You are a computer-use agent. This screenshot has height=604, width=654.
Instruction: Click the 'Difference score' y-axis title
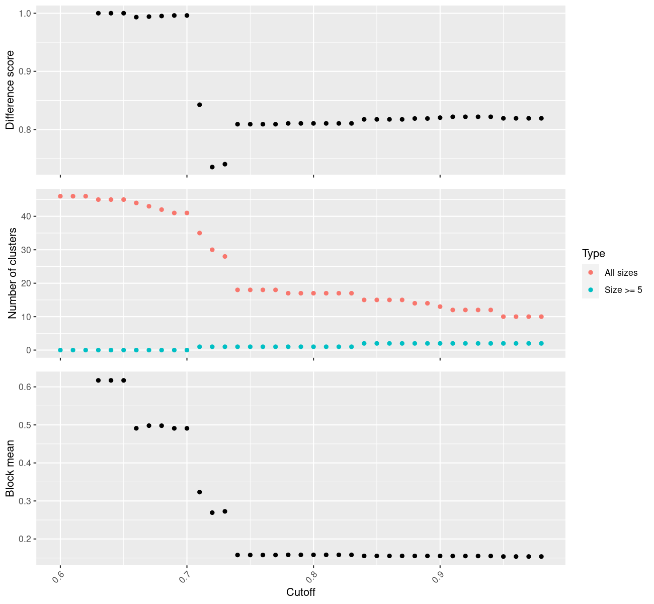pos(10,90)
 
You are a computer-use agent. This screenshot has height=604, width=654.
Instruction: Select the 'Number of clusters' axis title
pos(12,273)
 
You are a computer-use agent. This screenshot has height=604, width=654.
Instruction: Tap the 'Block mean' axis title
pos(10,468)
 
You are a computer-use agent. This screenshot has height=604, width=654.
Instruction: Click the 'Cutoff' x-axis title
pos(301,592)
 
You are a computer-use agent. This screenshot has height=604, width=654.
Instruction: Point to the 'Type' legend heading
pos(594,253)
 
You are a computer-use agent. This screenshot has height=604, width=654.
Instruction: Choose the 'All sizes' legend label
pos(621,272)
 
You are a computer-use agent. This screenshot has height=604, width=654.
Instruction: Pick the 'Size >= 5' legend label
pos(623,289)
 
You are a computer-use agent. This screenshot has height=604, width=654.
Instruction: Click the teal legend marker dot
pos(591,289)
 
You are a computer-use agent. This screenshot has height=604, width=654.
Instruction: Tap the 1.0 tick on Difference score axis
pos(25,13)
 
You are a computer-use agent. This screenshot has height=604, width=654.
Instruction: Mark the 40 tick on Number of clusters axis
pos(26,216)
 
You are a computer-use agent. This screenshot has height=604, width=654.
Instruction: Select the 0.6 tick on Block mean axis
pos(25,387)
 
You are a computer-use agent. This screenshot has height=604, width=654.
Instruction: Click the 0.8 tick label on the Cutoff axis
pos(311,577)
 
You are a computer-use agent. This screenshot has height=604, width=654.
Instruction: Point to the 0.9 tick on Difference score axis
pos(25,71)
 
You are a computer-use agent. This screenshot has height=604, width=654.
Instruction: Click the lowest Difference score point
pos(212,167)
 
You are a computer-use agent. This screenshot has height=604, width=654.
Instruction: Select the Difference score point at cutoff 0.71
pos(200,105)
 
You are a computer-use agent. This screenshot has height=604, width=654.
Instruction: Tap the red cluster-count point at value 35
pos(200,233)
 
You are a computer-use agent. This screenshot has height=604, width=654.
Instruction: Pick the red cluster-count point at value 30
pos(212,250)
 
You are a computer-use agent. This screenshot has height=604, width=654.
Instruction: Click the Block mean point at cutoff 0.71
pos(200,492)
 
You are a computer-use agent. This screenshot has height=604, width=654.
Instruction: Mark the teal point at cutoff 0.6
pos(60,350)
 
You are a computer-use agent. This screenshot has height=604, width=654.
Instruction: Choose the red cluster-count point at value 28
pos(225,256)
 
